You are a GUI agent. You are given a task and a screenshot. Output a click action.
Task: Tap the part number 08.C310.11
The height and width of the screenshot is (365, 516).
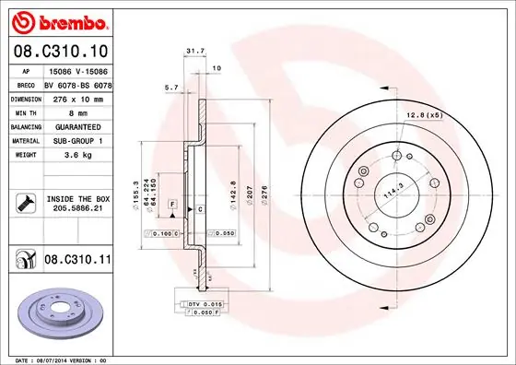77,261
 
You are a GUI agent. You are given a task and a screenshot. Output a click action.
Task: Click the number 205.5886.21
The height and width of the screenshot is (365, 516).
77,209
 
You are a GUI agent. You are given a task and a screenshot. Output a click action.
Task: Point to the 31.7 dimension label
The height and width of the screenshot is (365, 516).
194,52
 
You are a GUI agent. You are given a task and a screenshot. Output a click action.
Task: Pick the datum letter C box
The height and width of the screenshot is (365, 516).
200,210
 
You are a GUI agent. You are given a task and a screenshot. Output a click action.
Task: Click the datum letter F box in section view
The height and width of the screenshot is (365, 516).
171,203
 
